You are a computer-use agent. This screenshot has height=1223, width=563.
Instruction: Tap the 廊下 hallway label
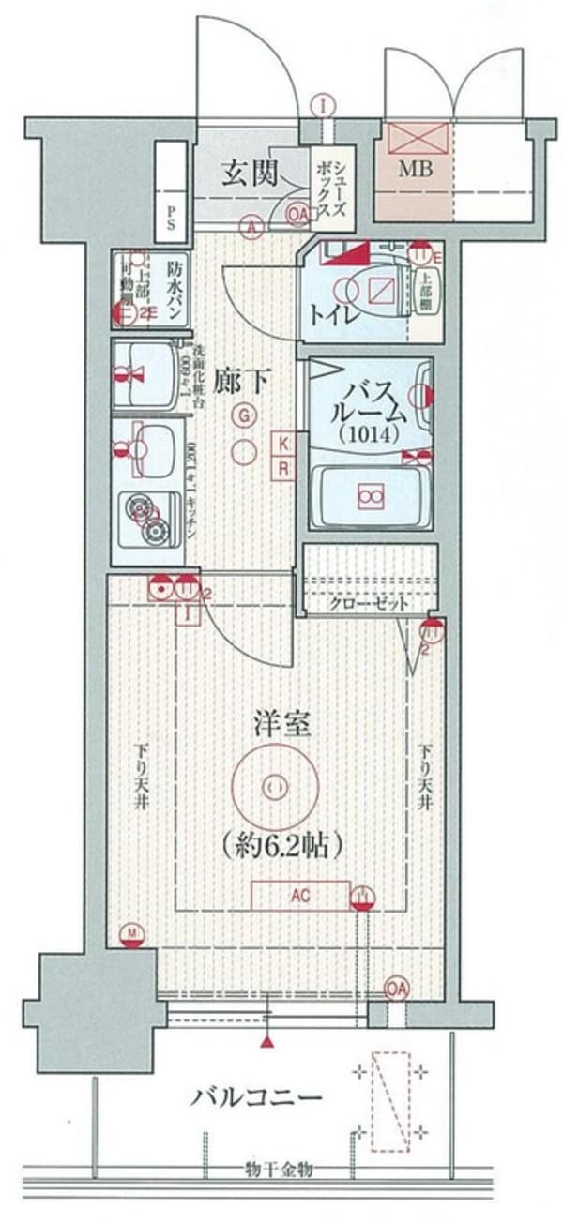(x=243, y=381)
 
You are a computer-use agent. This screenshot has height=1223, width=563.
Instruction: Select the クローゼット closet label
(x=369, y=604)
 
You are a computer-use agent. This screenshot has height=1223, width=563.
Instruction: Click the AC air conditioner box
(x=299, y=897)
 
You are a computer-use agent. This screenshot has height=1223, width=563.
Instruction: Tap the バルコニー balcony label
(x=259, y=1096)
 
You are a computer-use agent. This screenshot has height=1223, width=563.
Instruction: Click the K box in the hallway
(x=282, y=443)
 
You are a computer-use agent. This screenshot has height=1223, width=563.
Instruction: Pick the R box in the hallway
(x=282, y=466)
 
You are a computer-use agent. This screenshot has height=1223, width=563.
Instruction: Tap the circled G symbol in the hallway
(x=244, y=415)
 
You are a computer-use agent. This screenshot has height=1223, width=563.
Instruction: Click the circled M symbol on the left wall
(x=132, y=933)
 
